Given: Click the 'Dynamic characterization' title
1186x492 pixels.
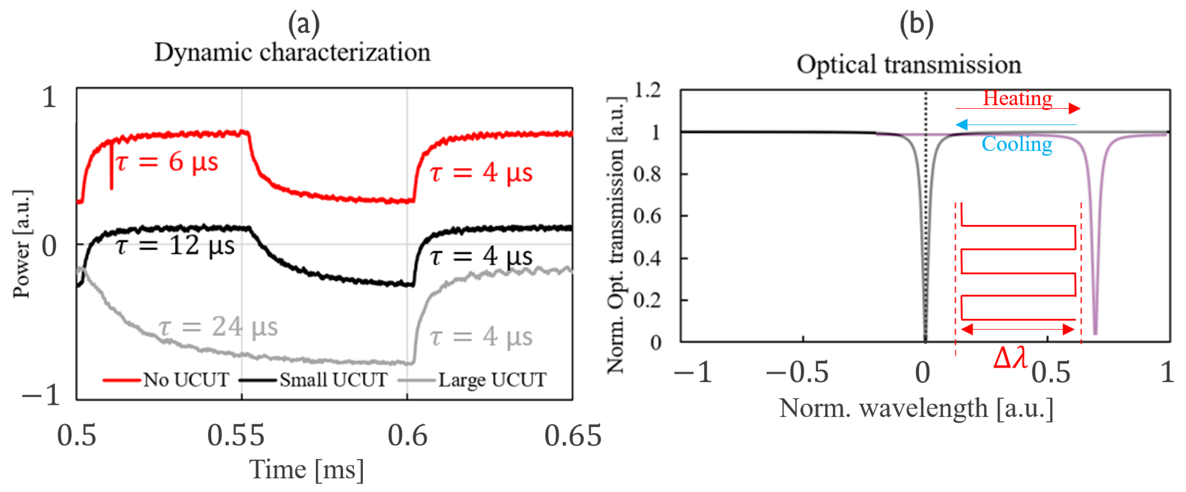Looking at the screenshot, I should (x=292, y=52).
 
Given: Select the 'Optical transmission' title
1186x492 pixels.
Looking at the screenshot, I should (x=909, y=64).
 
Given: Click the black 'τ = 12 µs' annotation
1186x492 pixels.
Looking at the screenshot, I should (x=175, y=245).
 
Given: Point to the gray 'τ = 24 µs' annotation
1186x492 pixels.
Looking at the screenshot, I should (x=218, y=327).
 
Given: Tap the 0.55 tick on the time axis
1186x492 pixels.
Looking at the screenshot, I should (x=236, y=435).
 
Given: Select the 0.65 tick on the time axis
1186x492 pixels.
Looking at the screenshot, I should (x=573, y=435).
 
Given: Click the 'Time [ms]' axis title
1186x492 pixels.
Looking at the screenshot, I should (x=307, y=470).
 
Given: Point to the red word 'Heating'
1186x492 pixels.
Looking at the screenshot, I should (x=1017, y=98).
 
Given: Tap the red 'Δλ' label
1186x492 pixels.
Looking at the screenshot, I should (x=1010, y=358).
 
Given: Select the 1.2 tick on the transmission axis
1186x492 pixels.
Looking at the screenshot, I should (x=647, y=90).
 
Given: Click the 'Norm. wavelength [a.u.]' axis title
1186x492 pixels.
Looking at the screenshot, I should (x=916, y=408).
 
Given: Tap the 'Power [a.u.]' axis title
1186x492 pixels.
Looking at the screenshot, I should (x=22, y=244).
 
